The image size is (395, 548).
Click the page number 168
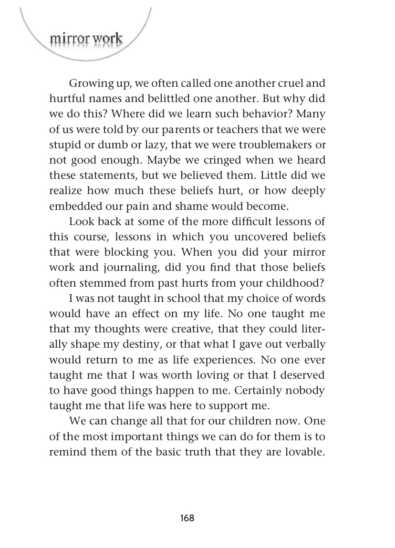(x=187, y=518)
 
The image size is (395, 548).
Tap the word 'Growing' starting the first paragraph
(x=88, y=84)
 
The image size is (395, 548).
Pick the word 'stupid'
(x=64, y=145)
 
